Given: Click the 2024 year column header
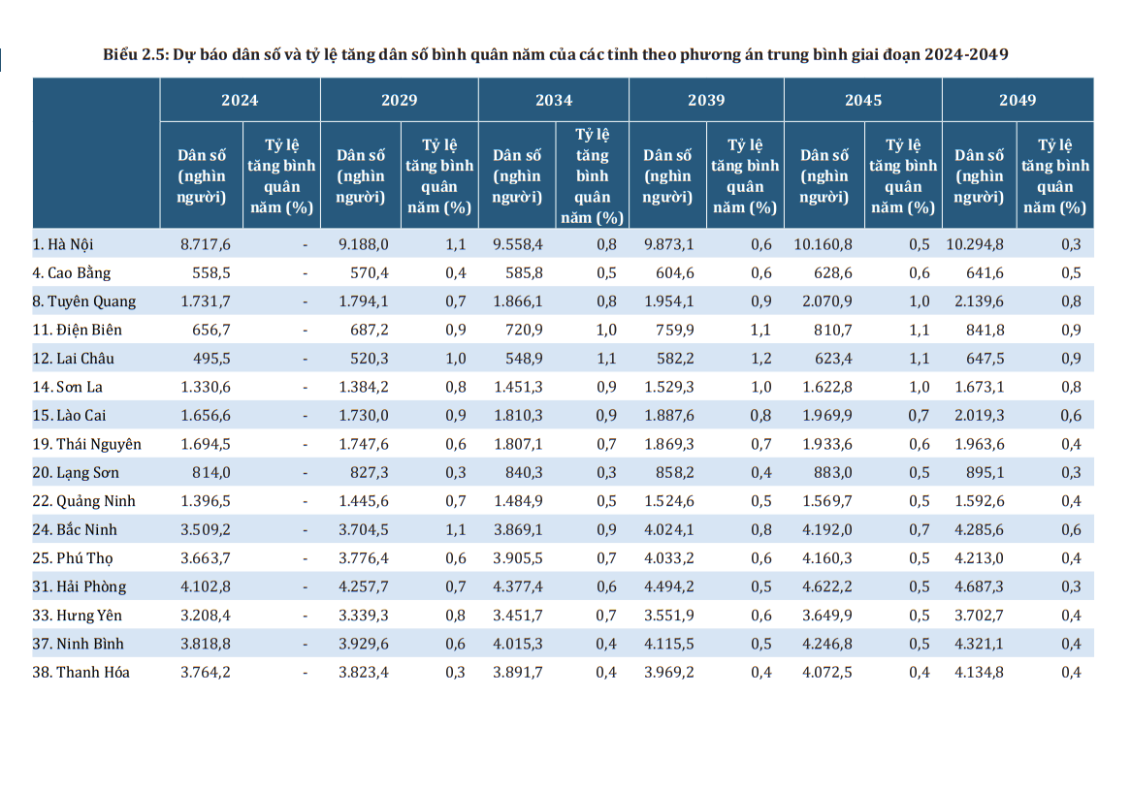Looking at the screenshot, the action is (x=240, y=100).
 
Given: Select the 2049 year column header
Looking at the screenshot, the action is (x=1018, y=100).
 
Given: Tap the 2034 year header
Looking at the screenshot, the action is (x=553, y=100).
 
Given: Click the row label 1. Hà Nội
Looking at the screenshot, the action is (x=63, y=244).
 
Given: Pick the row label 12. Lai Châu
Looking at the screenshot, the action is (x=73, y=359).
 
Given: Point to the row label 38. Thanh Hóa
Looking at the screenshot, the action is (x=81, y=672).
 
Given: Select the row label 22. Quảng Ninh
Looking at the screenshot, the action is (x=83, y=501).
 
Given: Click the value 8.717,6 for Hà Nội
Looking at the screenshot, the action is (x=206, y=244).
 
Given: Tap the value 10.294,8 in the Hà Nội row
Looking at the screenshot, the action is (x=975, y=244).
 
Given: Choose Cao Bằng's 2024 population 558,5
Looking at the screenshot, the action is (x=211, y=273).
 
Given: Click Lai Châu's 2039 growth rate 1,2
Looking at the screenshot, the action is (x=761, y=359).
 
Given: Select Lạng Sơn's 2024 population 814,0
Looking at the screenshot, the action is (x=211, y=472).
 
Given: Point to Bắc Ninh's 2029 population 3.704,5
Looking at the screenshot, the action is (x=364, y=529).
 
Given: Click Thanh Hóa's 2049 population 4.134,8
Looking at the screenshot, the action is (x=979, y=672).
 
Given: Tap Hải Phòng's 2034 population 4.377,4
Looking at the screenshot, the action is (x=518, y=586).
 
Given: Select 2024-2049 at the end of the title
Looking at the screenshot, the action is (x=966, y=54).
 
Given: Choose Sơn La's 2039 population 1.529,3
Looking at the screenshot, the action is (x=668, y=387).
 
